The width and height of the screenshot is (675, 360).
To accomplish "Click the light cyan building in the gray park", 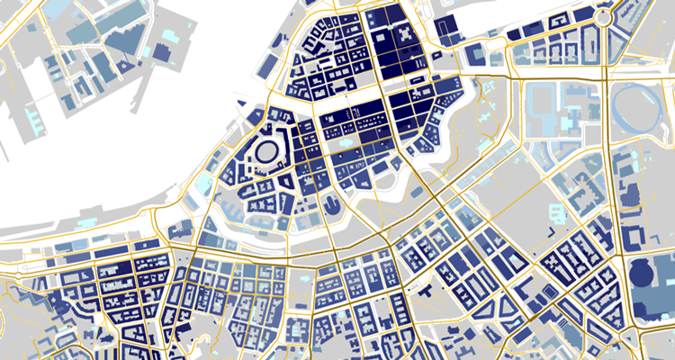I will coord(568,121).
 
